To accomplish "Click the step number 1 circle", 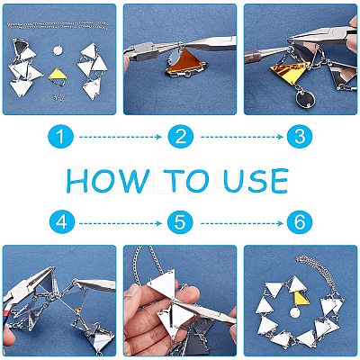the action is [x=60, y=137].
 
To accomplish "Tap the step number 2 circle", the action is [x=181, y=137].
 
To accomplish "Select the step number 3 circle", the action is [x=300, y=137].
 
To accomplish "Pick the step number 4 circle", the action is [x=62, y=222].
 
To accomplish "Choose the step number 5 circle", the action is [x=180, y=222].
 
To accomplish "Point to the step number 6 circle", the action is [x=300, y=222].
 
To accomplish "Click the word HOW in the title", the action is [x=108, y=180].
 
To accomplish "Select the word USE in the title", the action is [x=256, y=180].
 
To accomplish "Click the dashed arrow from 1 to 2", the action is [x=121, y=137].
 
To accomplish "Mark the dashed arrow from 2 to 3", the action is [x=242, y=137].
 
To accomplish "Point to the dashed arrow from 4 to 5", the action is [x=121, y=223].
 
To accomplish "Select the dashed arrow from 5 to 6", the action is [x=242, y=223].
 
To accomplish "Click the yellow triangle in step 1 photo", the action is [x=58, y=74].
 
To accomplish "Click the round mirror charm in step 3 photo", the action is [x=303, y=99].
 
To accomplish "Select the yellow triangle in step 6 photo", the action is [x=301, y=298].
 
